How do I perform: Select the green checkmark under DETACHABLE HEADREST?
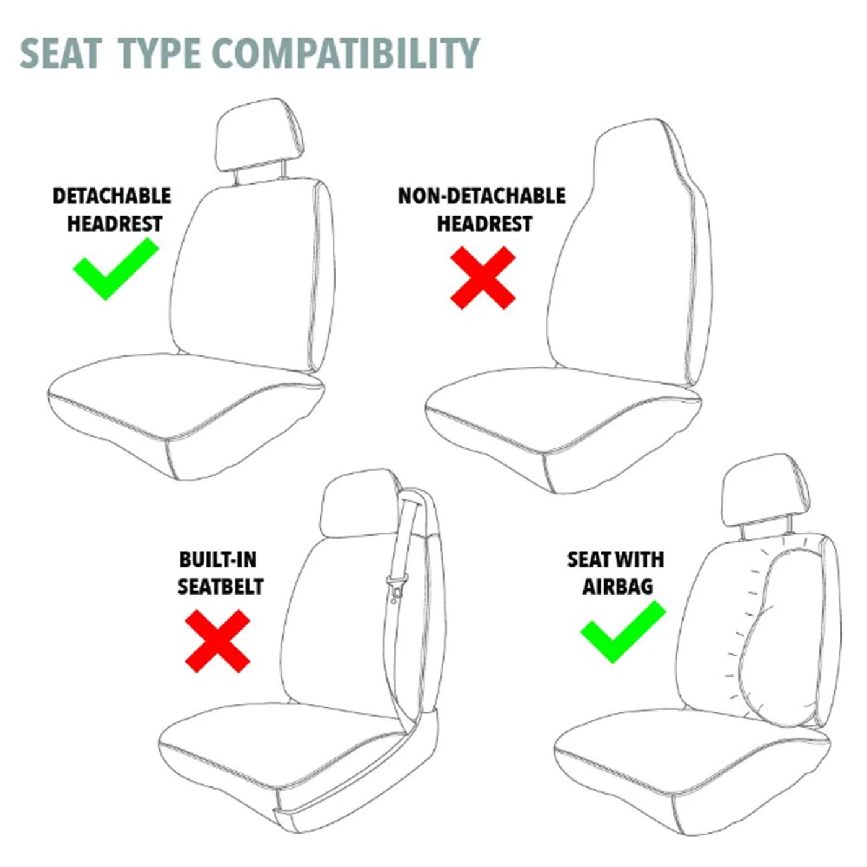coord(115,269)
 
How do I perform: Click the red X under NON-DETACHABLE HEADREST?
coord(482,277)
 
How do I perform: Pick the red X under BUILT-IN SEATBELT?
coord(217,640)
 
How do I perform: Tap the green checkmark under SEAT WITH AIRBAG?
coord(622,631)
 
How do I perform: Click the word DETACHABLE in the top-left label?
coord(111,196)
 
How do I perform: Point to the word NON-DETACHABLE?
coord(481,196)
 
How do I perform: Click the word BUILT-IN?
coord(217,559)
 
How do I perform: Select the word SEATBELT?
coord(220,586)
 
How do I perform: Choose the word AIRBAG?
coord(617,586)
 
